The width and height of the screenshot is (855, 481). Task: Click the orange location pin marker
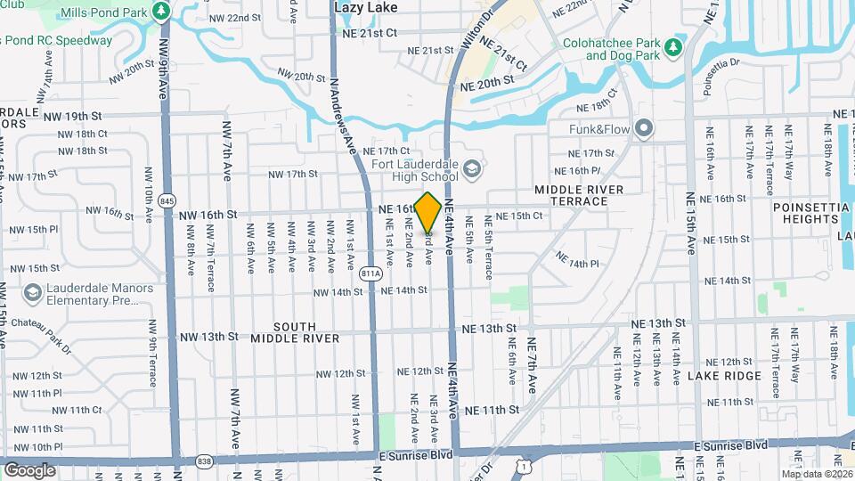point(427,211)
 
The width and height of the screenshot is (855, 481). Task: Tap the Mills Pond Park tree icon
point(161,12)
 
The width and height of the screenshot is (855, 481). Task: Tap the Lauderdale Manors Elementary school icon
point(32,294)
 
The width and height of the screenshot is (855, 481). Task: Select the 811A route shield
point(372,273)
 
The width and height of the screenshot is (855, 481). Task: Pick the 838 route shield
point(205,461)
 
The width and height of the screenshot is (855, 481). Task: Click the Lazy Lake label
point(365,6)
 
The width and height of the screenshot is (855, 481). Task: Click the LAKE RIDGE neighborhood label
point(724,377)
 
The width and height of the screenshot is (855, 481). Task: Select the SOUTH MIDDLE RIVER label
point(295,332)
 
